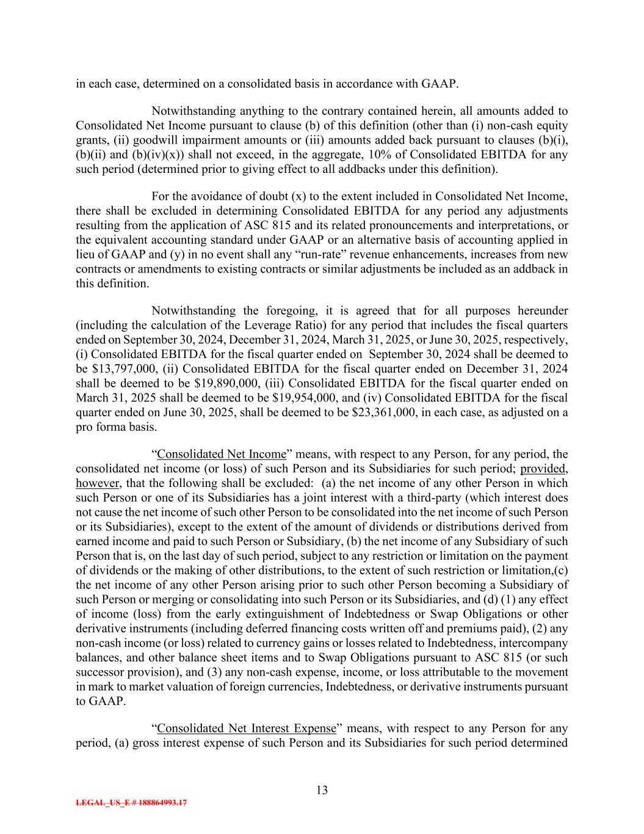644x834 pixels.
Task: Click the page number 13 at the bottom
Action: (322, 790)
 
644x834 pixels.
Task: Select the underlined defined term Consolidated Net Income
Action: (222, 454)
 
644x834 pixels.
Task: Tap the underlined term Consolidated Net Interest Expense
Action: (247, 728)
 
